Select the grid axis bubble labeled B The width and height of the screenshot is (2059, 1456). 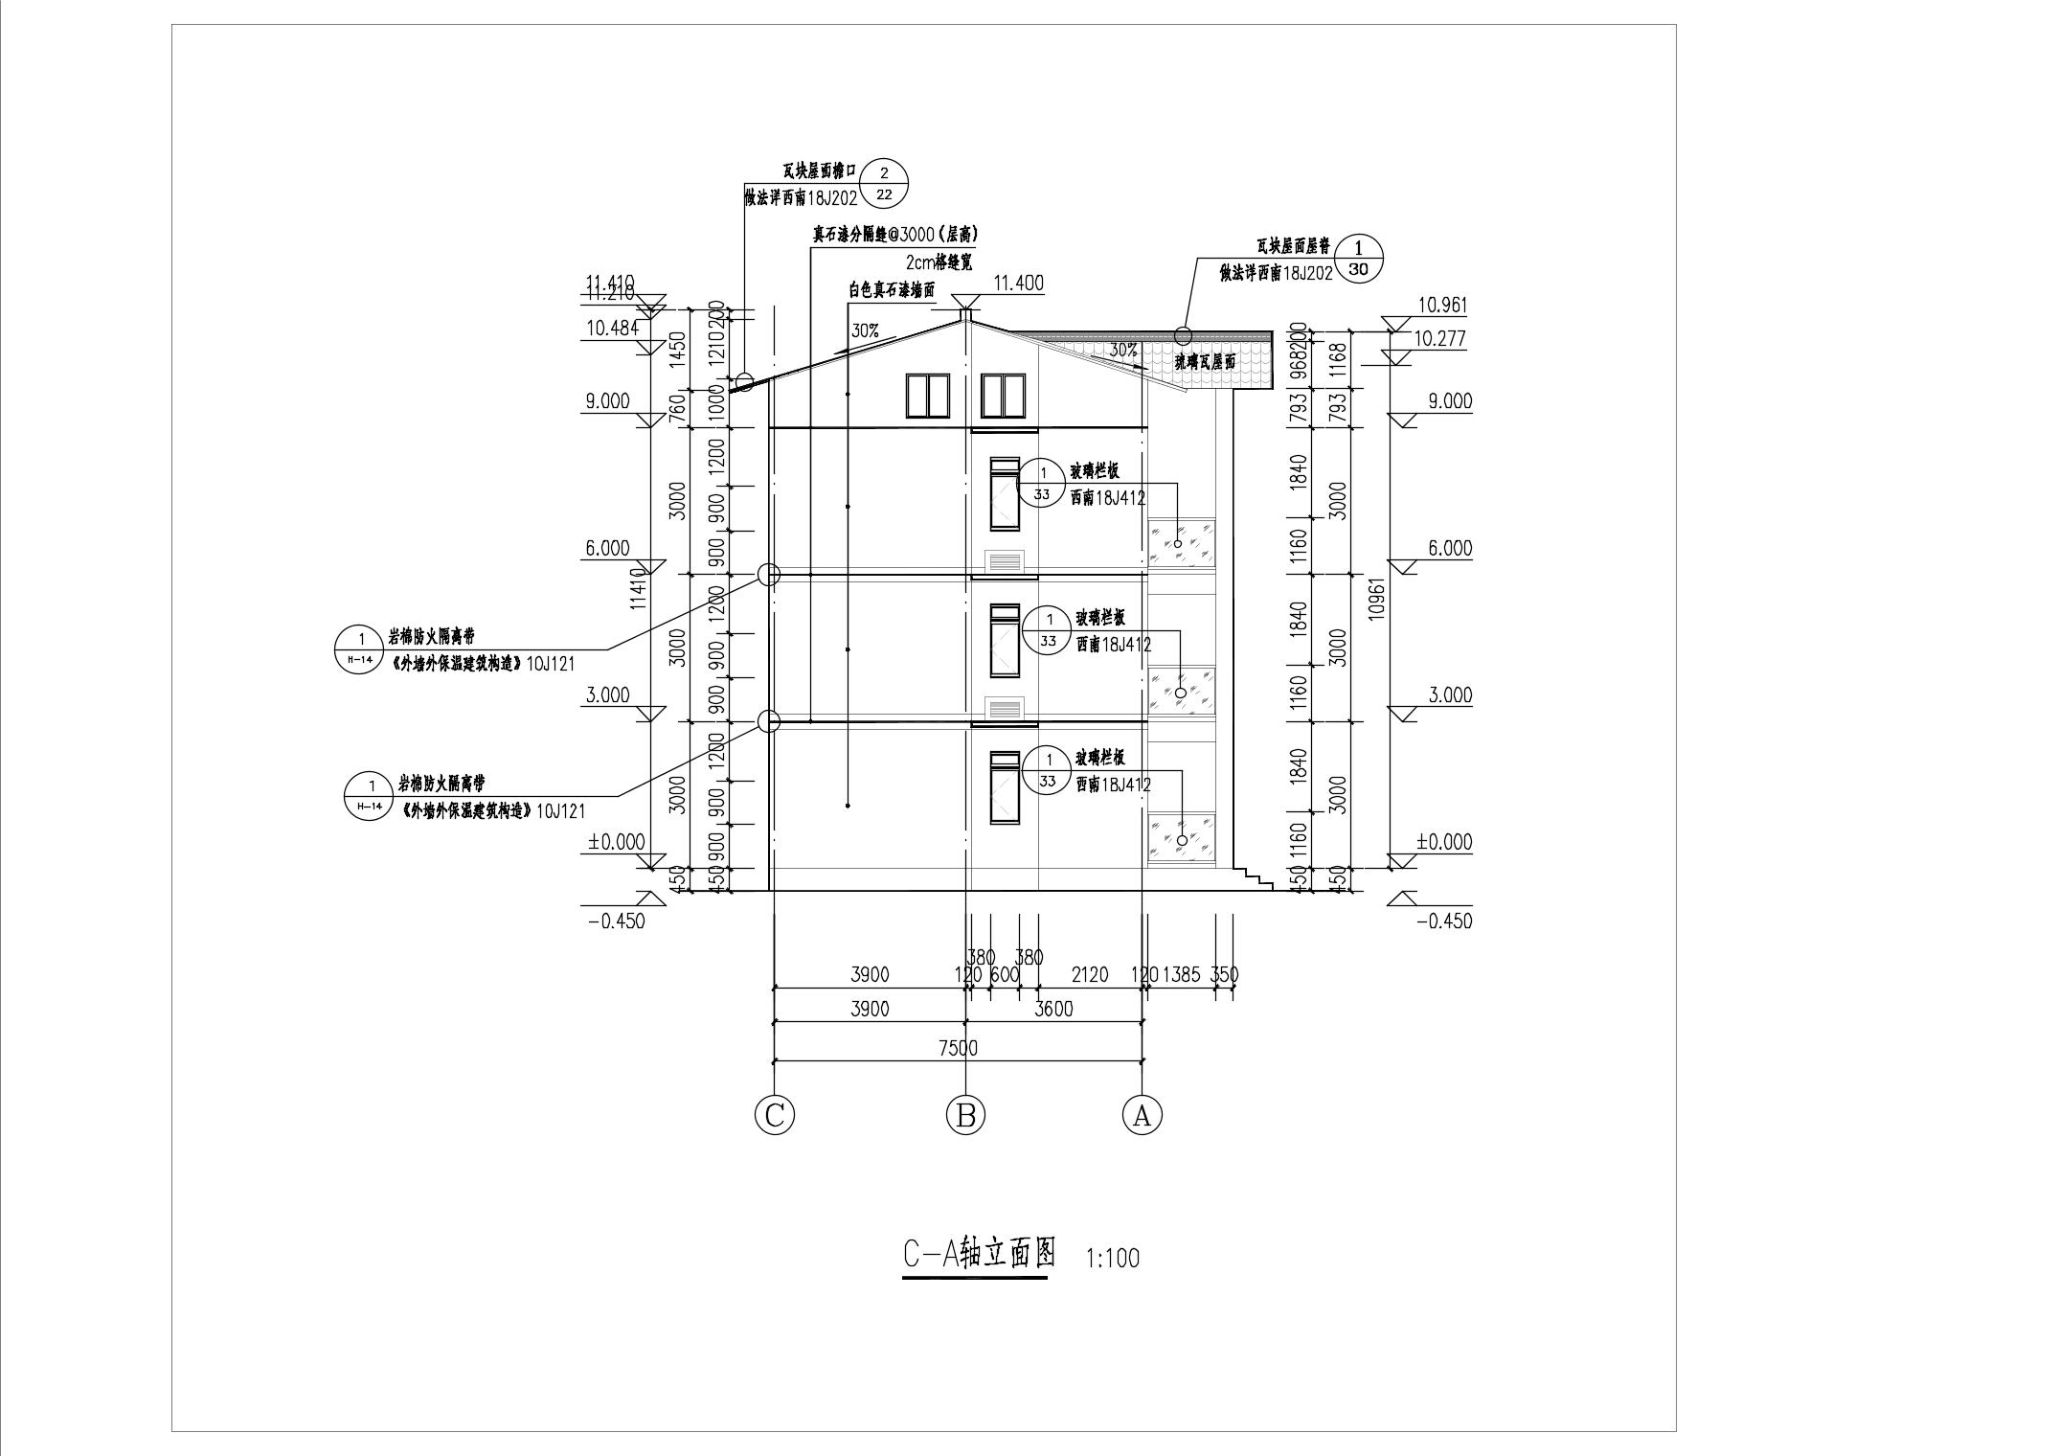pyautogui.click(x=965, y=1114)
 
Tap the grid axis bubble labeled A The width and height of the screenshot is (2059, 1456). pyautogui.click(x=1142, y=1114)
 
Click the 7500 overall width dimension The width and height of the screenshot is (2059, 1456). pyautogui.click(x=958, y=1048)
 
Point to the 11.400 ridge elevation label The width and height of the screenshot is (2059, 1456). pyautogui.click(x=1018, y=284)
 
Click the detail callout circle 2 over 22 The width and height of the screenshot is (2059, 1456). pyautogui.click(x=883, y=183)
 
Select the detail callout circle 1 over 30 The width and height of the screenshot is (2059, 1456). pyautogui.click(x=1358, y=260)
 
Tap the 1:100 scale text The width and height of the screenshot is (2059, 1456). pyautogui.click(x=1113, y=1258)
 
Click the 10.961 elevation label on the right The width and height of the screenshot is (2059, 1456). pyautogui.click(x=1441, y=306)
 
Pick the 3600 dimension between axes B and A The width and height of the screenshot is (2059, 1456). pyautogui.click(x=1053, y=1009)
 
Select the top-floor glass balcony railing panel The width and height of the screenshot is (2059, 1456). pyautogui.click(x=1183, y=543)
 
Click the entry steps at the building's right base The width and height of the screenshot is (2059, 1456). pyautogui.click(x=1255, y=876)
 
